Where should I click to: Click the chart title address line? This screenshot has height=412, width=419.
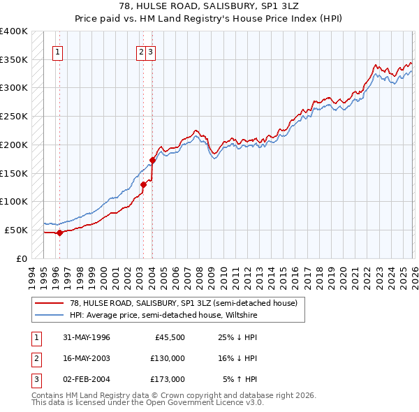coord(209,6)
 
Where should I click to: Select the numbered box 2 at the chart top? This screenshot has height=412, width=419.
coord(141,51)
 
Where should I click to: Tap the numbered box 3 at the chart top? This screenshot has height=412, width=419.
coord(151,51)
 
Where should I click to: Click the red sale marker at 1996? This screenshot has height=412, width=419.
coord(59,233)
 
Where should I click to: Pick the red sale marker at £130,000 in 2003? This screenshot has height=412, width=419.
coord(144,184)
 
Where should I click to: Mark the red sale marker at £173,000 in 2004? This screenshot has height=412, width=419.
coord(152,160)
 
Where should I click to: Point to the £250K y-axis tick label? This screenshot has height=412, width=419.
coord(14,116)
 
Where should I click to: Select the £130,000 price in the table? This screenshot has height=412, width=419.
coord(168,358)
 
